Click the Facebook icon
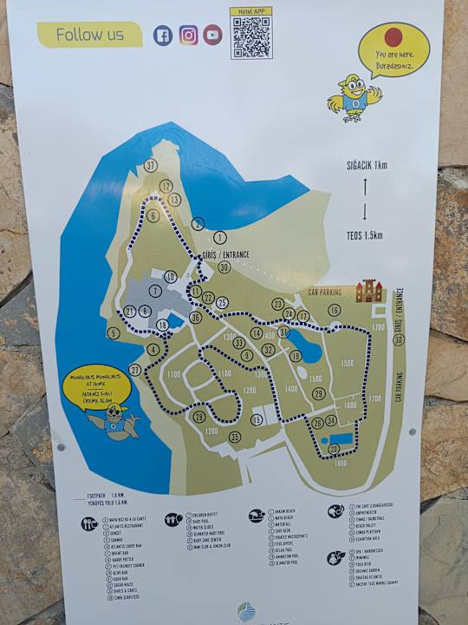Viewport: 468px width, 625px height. point(162,36)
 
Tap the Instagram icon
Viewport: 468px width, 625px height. point(188,36)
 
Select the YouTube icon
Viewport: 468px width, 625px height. point(212,36)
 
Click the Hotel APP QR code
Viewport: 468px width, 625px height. point(251,37)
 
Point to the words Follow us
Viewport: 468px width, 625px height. point(89,36)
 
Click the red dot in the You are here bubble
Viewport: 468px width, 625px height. point(393,36)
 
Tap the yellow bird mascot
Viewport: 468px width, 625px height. point(351,95)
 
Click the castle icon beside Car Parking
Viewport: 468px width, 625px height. point(369,290)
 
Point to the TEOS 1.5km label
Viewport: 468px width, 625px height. point(365,234)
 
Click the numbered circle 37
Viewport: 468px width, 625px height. point(151,165)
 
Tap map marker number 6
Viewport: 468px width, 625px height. point(153,215)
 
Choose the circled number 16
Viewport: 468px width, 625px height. point(334,309)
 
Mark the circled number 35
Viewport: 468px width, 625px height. point(234,437)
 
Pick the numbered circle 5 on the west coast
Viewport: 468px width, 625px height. point(113,332)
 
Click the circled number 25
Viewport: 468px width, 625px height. point(222,303)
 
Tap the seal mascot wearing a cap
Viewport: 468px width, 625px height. point(112,423)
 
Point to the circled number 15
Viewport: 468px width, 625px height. point(257,420)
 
